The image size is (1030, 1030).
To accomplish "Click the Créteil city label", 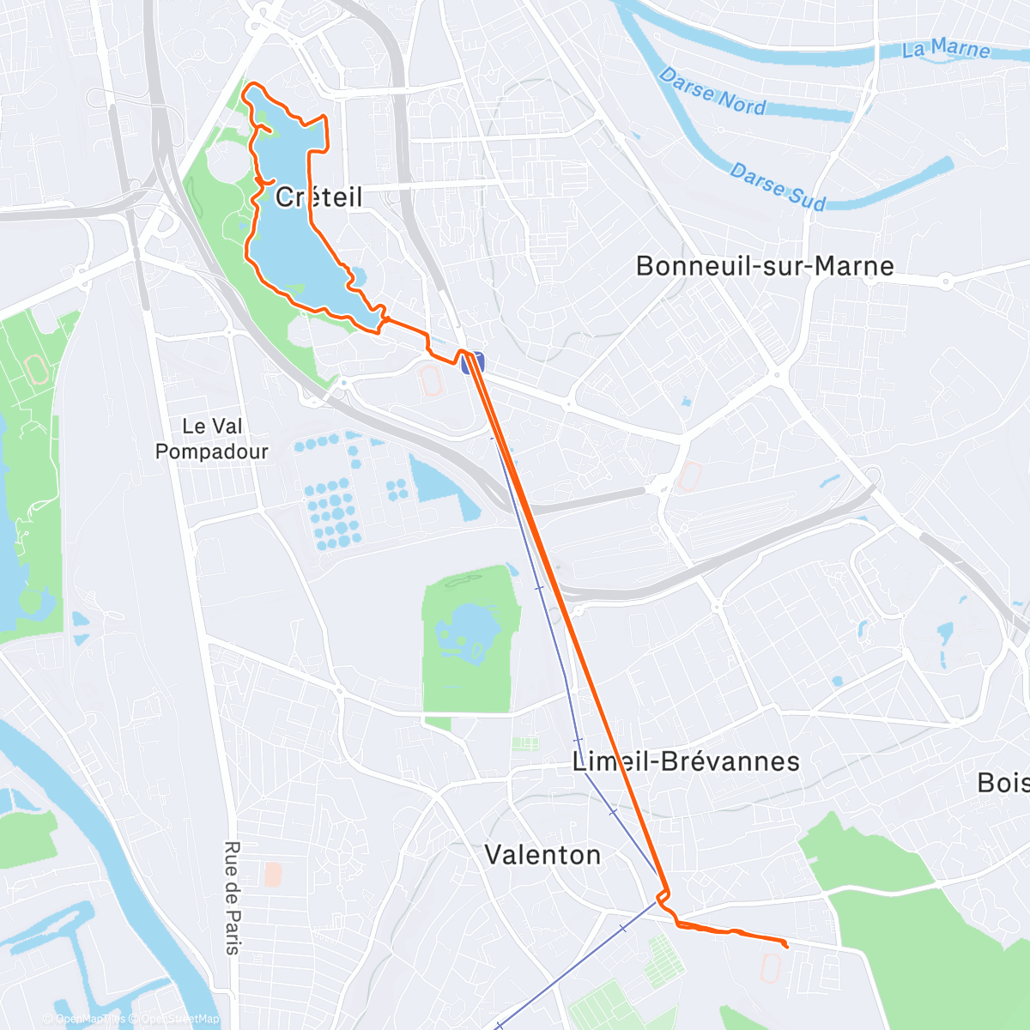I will pyautogui.click(x=319, y=197).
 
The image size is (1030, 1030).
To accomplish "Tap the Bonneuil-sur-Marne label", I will pyautogui.click(x=765, y=266).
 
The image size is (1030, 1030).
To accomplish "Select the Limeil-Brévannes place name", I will pyautogui.click(x=686, y=761).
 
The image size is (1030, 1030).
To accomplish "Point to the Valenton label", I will pyautogui.click(x=542, y=855).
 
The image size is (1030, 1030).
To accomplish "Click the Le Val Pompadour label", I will pyautogui.click(x=212, y=439).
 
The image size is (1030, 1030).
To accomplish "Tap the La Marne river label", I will pyautogui.click(x=946, y=49).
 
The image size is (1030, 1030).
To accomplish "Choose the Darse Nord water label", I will pyautogui.click(x=712, y=92).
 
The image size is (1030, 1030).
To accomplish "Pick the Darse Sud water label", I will pyautogui.click(x=777, y=186).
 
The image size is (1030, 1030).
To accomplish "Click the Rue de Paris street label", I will pyautogui.click(x=232, y=898).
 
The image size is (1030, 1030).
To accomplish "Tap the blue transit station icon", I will pyautogui.click(x=473, y=363).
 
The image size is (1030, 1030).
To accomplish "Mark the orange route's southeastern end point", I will pyautogui.click(x=787, y=946).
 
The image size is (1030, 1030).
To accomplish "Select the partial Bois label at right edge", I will pyautogui.click(x=1003, y=783).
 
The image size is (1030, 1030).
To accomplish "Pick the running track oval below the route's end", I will pyautogui.click(x=770, y=969).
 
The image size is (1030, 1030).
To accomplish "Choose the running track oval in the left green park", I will pyautogui.click(x=36, y=370).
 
